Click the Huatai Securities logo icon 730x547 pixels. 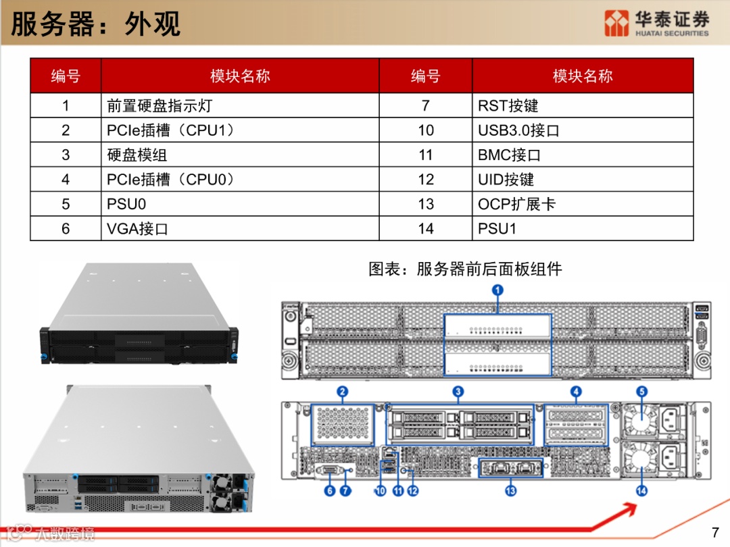(616, 23)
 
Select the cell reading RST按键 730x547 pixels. (583, 105)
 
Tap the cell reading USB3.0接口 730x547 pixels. (583, 130)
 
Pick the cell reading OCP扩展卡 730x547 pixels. (583, 204)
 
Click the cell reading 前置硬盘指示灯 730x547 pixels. (240, 105)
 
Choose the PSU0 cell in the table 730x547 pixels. (240, 204)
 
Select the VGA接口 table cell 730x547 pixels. (240, 228)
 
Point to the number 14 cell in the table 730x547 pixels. (426, 228)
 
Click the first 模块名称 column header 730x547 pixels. (240, 76)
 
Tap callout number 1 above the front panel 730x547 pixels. (497, 290)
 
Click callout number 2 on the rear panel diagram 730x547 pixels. (342, 392)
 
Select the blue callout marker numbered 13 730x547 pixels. (511, 491)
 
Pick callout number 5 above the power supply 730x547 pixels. (642, 392)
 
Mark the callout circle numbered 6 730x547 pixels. (330, 491)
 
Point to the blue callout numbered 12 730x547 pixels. (412, 491)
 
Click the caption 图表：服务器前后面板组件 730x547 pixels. (465, 269)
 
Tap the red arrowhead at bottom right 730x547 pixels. (630, 509)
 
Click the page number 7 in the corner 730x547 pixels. (715, 532)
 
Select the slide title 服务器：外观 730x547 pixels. (95, 24)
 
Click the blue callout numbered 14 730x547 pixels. (641, 491)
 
